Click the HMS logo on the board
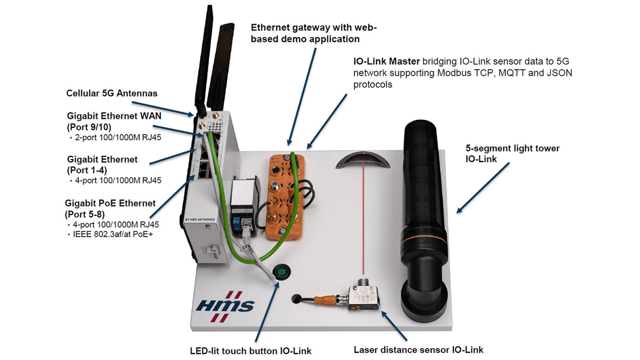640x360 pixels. (x=225, y=305)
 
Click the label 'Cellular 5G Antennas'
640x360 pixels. (x=111, y=93)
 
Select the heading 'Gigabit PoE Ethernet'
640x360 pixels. (x=110, y=203)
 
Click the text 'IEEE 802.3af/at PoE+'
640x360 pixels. (x=113, y=233)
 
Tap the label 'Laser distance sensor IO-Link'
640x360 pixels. (x=418, y=350)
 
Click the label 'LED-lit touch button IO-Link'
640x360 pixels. (x=250, y=351)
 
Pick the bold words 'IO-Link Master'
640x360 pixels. (x=386, y=61)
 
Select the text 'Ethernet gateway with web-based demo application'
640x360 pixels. (x=313, y=33)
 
